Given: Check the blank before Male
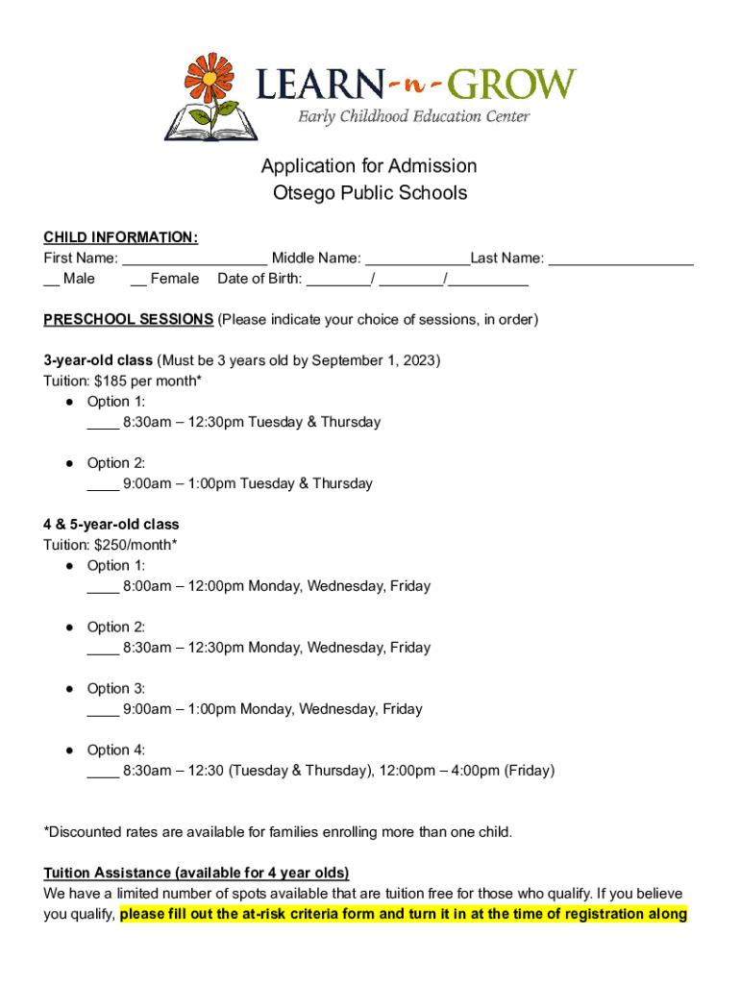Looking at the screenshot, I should point(51,280).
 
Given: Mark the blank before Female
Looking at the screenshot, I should point(137,280).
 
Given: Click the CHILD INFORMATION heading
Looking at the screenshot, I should point(121,237).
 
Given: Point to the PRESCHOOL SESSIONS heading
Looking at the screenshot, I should point(129,319).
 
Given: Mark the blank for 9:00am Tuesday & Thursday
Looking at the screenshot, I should point(103,484).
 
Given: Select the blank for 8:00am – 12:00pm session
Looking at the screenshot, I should point(103,586).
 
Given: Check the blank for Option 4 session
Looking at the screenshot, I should point(103,771).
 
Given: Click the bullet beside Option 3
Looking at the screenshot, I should point(71,688).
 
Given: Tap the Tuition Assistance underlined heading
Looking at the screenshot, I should point(196,873).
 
